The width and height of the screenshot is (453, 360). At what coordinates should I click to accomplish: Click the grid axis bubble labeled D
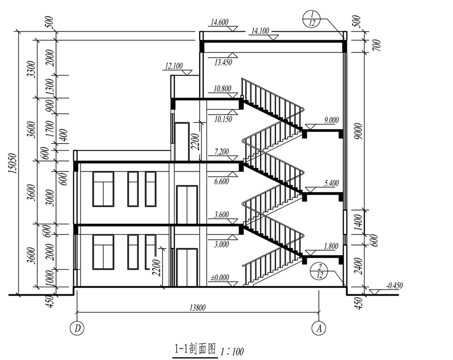point(77,328)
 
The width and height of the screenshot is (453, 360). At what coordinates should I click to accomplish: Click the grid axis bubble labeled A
point(319,328)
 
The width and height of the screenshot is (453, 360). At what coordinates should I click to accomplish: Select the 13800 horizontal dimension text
point(197,307)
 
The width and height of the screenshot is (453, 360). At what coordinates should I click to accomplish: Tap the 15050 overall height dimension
point(13,163)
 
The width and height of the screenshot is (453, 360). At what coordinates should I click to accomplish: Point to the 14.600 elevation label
point(220,22)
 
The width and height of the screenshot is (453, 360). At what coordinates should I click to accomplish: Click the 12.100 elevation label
point(174,66)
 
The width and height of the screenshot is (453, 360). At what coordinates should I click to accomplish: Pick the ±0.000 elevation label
point(220,278)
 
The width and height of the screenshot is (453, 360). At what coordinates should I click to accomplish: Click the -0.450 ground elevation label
point(394,286)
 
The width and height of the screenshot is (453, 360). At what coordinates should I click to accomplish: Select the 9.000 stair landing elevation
point(331,120)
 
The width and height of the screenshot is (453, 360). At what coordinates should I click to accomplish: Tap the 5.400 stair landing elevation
point(332,183)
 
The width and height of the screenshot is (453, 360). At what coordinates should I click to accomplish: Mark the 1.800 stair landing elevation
point(331,247)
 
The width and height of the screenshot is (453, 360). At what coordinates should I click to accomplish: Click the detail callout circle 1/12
point(312,19)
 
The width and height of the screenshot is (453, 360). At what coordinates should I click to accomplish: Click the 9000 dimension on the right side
point(358,131)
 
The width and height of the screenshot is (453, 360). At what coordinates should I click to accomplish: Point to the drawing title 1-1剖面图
point(195,349)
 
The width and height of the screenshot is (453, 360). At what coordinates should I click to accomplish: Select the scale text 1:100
point(232,352)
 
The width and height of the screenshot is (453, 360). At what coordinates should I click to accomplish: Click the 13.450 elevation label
point(223,62)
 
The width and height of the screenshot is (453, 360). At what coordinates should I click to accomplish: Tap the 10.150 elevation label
point(223,119)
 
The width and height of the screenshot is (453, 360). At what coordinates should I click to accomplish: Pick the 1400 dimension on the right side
point(358,222)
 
